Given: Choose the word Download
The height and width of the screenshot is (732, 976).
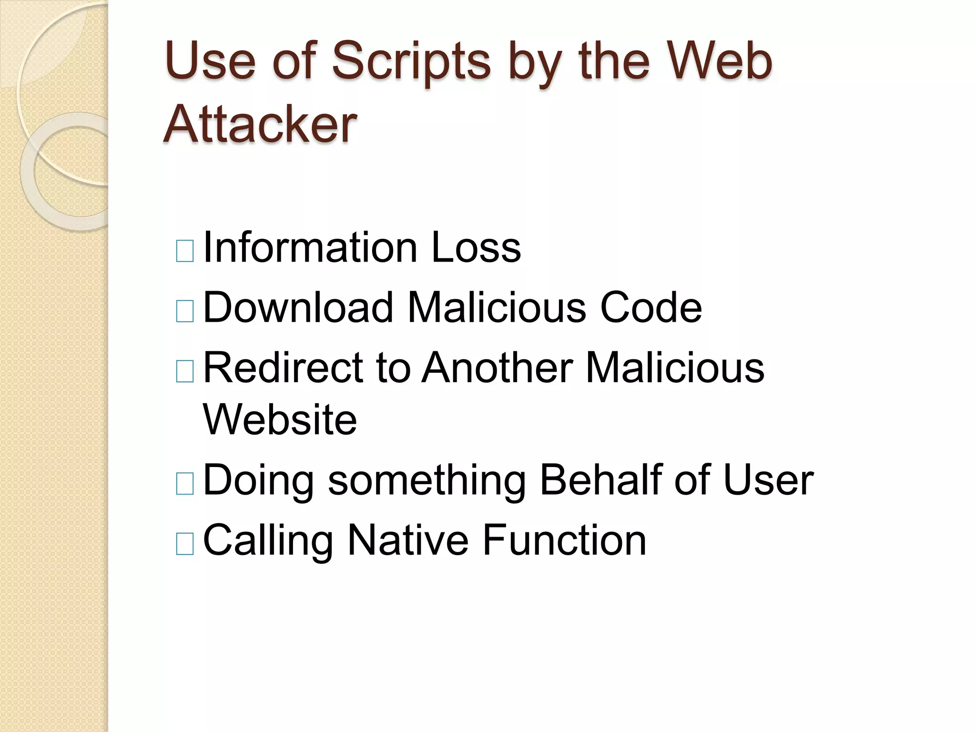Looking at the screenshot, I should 298,307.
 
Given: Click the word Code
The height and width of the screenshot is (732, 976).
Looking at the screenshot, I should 651,307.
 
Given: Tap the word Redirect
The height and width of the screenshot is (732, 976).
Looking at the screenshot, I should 283,367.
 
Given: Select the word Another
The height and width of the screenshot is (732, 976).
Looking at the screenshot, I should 498,367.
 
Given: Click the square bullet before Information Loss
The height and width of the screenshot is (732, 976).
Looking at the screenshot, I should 185,251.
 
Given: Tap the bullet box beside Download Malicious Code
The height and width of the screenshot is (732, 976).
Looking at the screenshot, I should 185,311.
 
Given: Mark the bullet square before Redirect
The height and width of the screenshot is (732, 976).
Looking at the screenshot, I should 185,372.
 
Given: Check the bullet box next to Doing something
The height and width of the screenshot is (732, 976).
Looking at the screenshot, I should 185,484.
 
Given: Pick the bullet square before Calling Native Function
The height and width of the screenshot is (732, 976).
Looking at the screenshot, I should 185,544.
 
